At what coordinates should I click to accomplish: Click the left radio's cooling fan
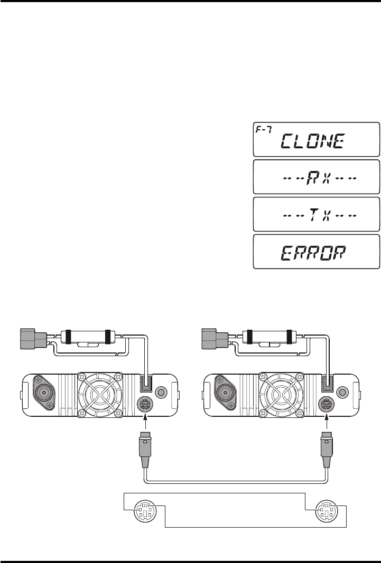coord(100,396)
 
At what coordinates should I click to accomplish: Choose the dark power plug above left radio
coord(33,339)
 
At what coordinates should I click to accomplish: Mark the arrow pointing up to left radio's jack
coord(145,422)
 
